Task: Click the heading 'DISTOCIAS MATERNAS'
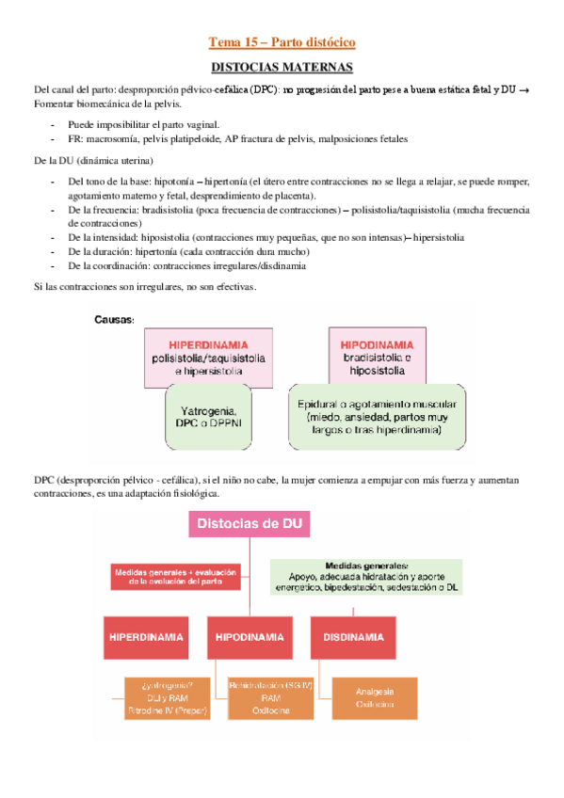(x=282, y=68)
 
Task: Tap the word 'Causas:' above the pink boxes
(x=115, y=320)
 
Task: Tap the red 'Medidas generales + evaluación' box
(x=177, y=576)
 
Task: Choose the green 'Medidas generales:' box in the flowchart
(x=365, y=575)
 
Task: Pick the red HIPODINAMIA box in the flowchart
(x=250, y=637)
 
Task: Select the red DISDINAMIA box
(x=353, y=637)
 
